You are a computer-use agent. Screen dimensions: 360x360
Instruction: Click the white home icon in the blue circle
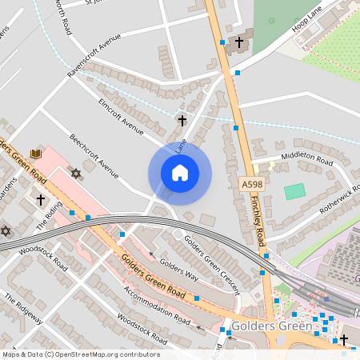(x=180, y=172)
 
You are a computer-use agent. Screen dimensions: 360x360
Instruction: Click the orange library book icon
(x=36, y=154)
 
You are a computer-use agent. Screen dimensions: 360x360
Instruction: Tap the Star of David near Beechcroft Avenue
(x=77, y=174)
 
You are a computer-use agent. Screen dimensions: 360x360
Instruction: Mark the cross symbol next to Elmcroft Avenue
(x=182, y=121)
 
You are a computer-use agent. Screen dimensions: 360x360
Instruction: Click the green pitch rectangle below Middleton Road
(x=295, y=191)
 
